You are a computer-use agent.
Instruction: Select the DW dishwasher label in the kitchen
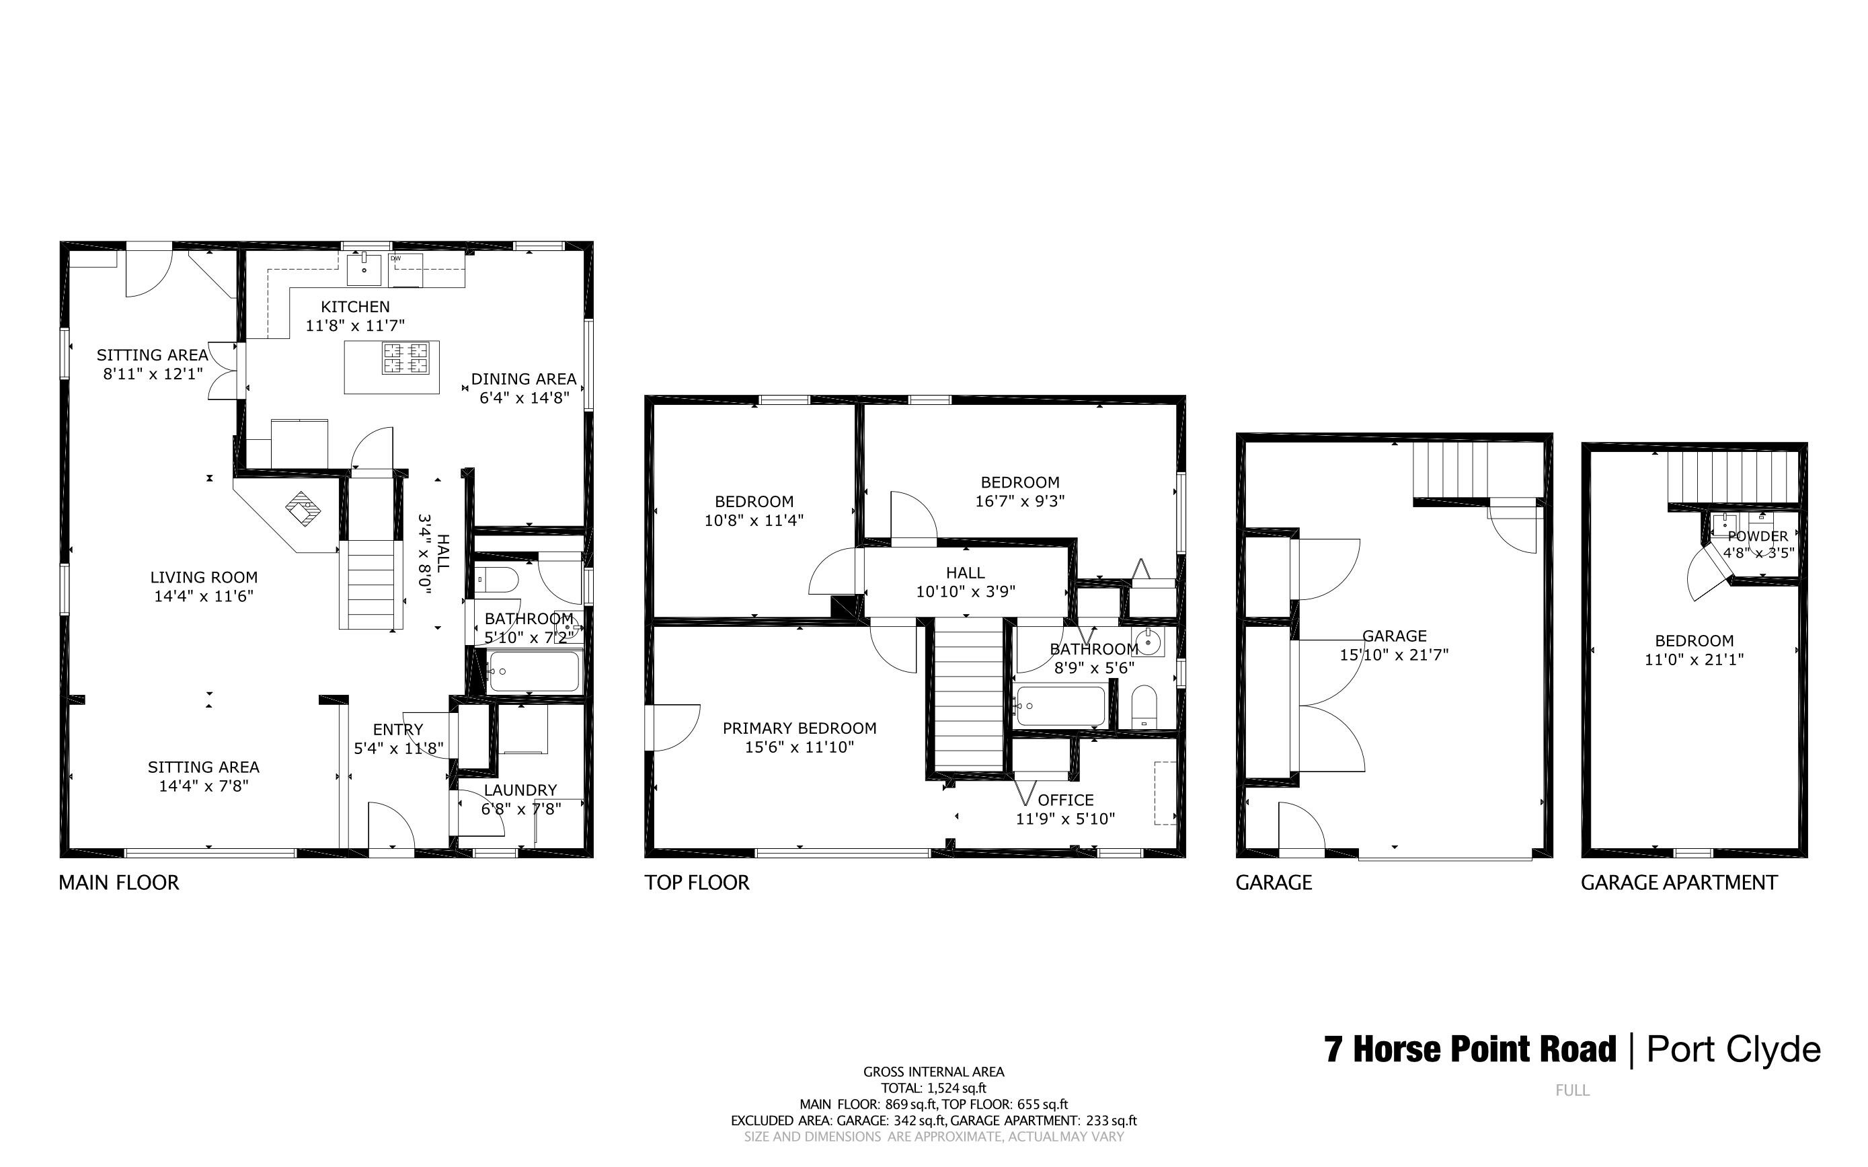point(396,258)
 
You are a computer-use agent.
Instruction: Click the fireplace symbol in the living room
point(304,509)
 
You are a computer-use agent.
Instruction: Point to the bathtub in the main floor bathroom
point(534,671)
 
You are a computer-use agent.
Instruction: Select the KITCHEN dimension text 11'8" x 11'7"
point(355,326)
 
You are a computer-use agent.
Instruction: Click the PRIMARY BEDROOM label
point(800,728)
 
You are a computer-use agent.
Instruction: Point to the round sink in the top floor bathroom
point(1149,642)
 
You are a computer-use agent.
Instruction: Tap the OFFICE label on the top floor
point(1066,800)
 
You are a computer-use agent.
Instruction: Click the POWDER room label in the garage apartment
point(1758,537)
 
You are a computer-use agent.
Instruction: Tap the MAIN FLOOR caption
point(119,883)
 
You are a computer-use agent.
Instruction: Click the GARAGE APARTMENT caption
point(1679,883)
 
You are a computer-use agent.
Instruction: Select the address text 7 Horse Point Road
point(1470,1050)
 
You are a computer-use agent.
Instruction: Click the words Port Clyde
point(1734,1050)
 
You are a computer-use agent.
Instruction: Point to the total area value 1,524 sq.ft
point(957,1088)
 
